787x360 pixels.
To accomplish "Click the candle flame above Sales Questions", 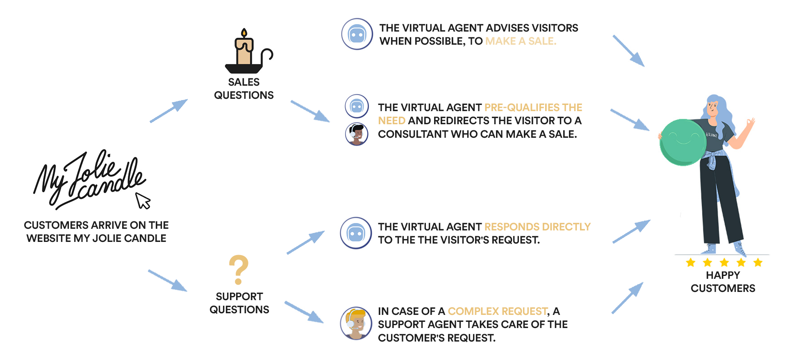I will (x=244, y=33).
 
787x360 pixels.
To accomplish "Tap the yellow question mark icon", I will (x=239, y=269).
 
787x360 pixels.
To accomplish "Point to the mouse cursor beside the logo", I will (x=143, y=201).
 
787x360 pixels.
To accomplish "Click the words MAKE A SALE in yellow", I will (x=521, y=41).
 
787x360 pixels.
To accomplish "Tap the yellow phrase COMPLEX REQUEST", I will (x=498, y=312).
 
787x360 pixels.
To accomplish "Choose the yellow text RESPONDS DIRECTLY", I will (x=537, y=227).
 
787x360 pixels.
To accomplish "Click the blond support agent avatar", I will (x=356, y=323).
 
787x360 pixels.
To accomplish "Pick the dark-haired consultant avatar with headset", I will (x=357, y=134).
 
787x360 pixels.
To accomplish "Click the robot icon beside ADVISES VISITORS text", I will (x=357, y=34).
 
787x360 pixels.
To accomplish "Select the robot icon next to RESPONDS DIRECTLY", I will (x=356, y=233).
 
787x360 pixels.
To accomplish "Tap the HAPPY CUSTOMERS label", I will (x=723, y=282).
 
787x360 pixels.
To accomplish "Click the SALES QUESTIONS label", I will (x=244, y=89).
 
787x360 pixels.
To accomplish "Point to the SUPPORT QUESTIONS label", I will (x=239, y=303).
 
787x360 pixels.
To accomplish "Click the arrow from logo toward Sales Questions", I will (x=169, y=111).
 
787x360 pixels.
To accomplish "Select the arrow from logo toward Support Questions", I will (x=168, y=281).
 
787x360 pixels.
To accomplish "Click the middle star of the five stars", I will (x=724, y=262).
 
